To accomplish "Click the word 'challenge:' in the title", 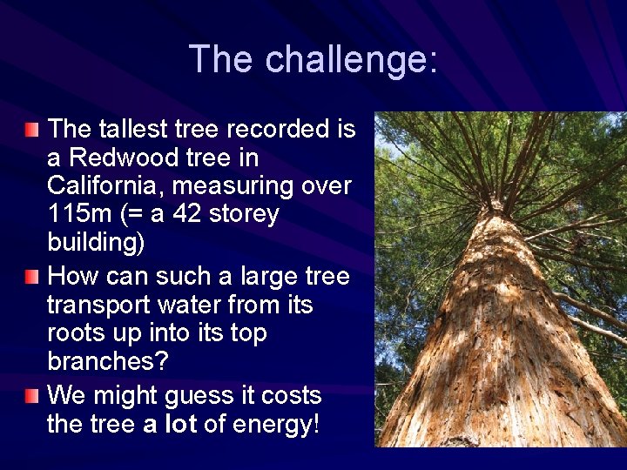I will pos(352,59).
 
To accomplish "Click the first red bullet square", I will pos(32,130).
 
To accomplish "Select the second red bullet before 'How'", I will pos(32,277).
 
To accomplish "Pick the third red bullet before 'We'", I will pos(32,396).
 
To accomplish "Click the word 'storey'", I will pos(248,214).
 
